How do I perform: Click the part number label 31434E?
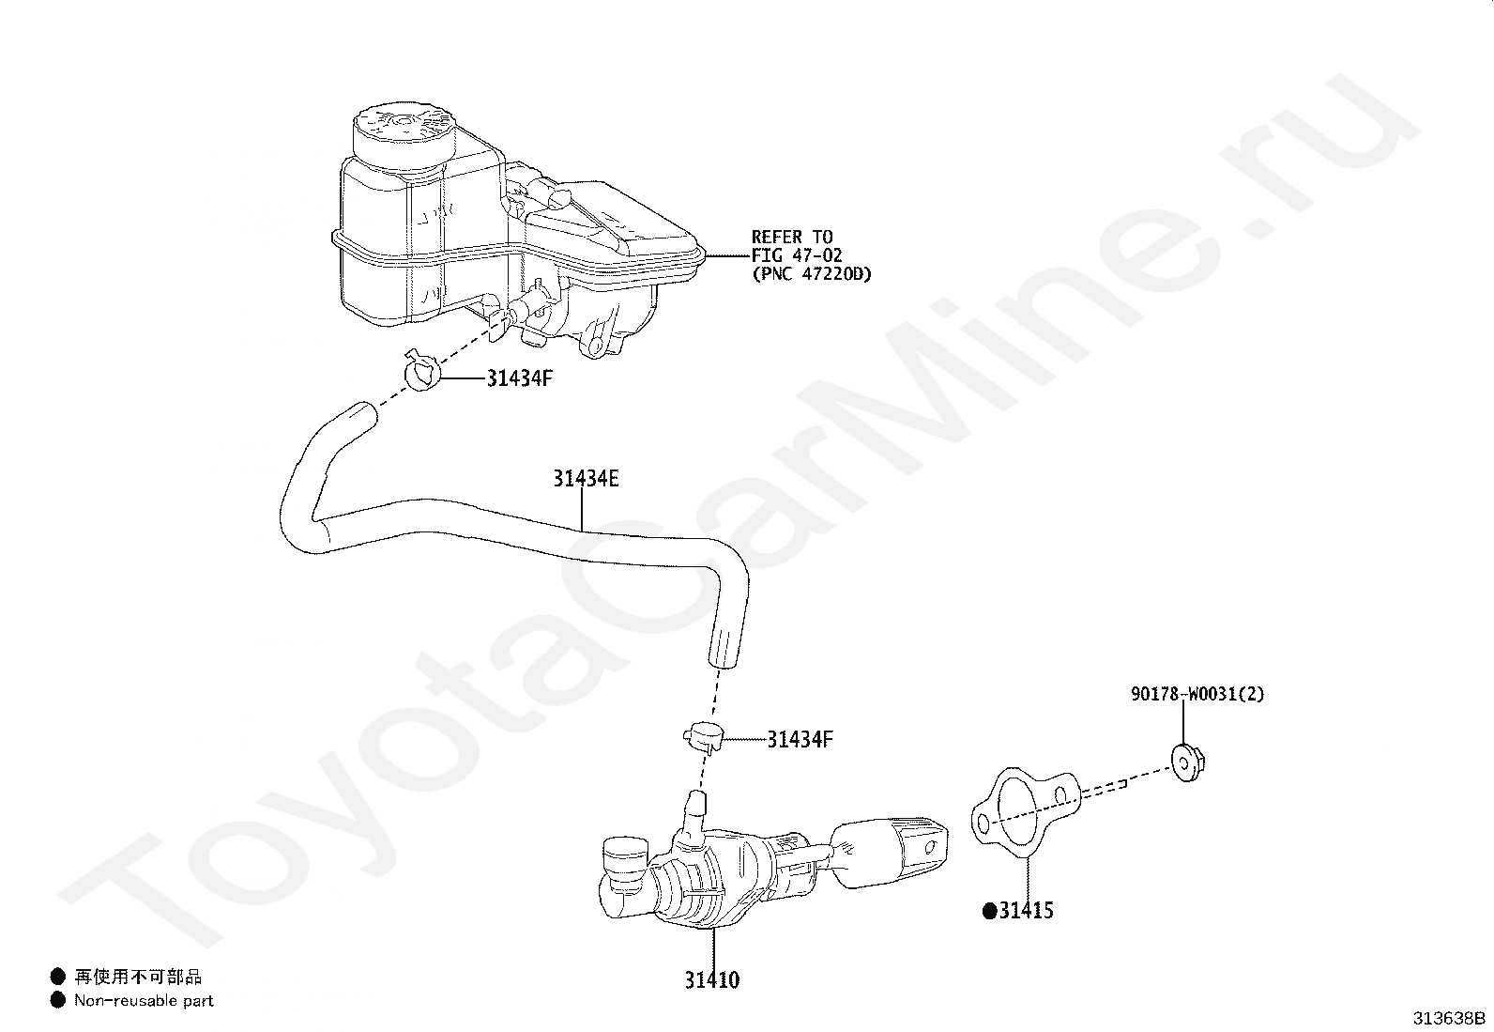(586, 479)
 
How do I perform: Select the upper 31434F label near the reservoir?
(519, 378)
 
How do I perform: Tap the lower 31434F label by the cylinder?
(800, 739)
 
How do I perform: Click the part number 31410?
(711, 980)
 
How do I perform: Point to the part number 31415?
(1026, 910)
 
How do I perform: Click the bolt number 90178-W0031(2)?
(1197, 695)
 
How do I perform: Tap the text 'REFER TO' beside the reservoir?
(791, 237)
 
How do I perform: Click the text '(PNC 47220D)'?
(812, 275)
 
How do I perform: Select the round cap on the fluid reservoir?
(401, 132)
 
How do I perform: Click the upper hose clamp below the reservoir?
(422, 373)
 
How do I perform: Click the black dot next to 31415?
(988, 910)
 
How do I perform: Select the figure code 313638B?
(1450, 1018)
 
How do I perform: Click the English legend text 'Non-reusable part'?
(145, 1001)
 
